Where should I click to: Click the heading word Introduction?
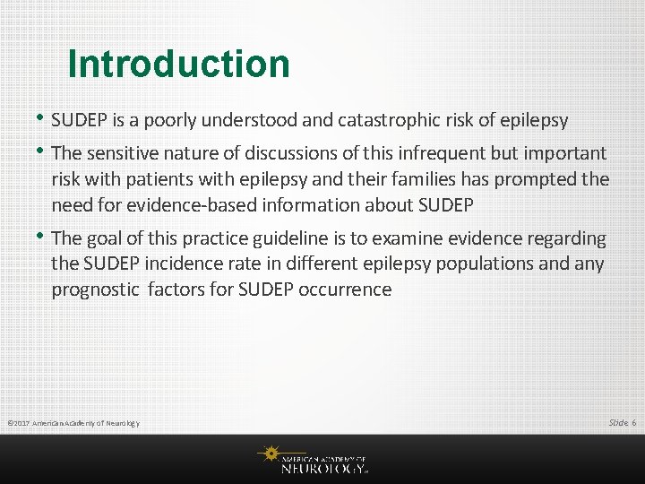click(x=178, y=65)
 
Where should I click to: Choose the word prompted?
click(x=534, y=179)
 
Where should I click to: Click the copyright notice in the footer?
click(x=72, y=423)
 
